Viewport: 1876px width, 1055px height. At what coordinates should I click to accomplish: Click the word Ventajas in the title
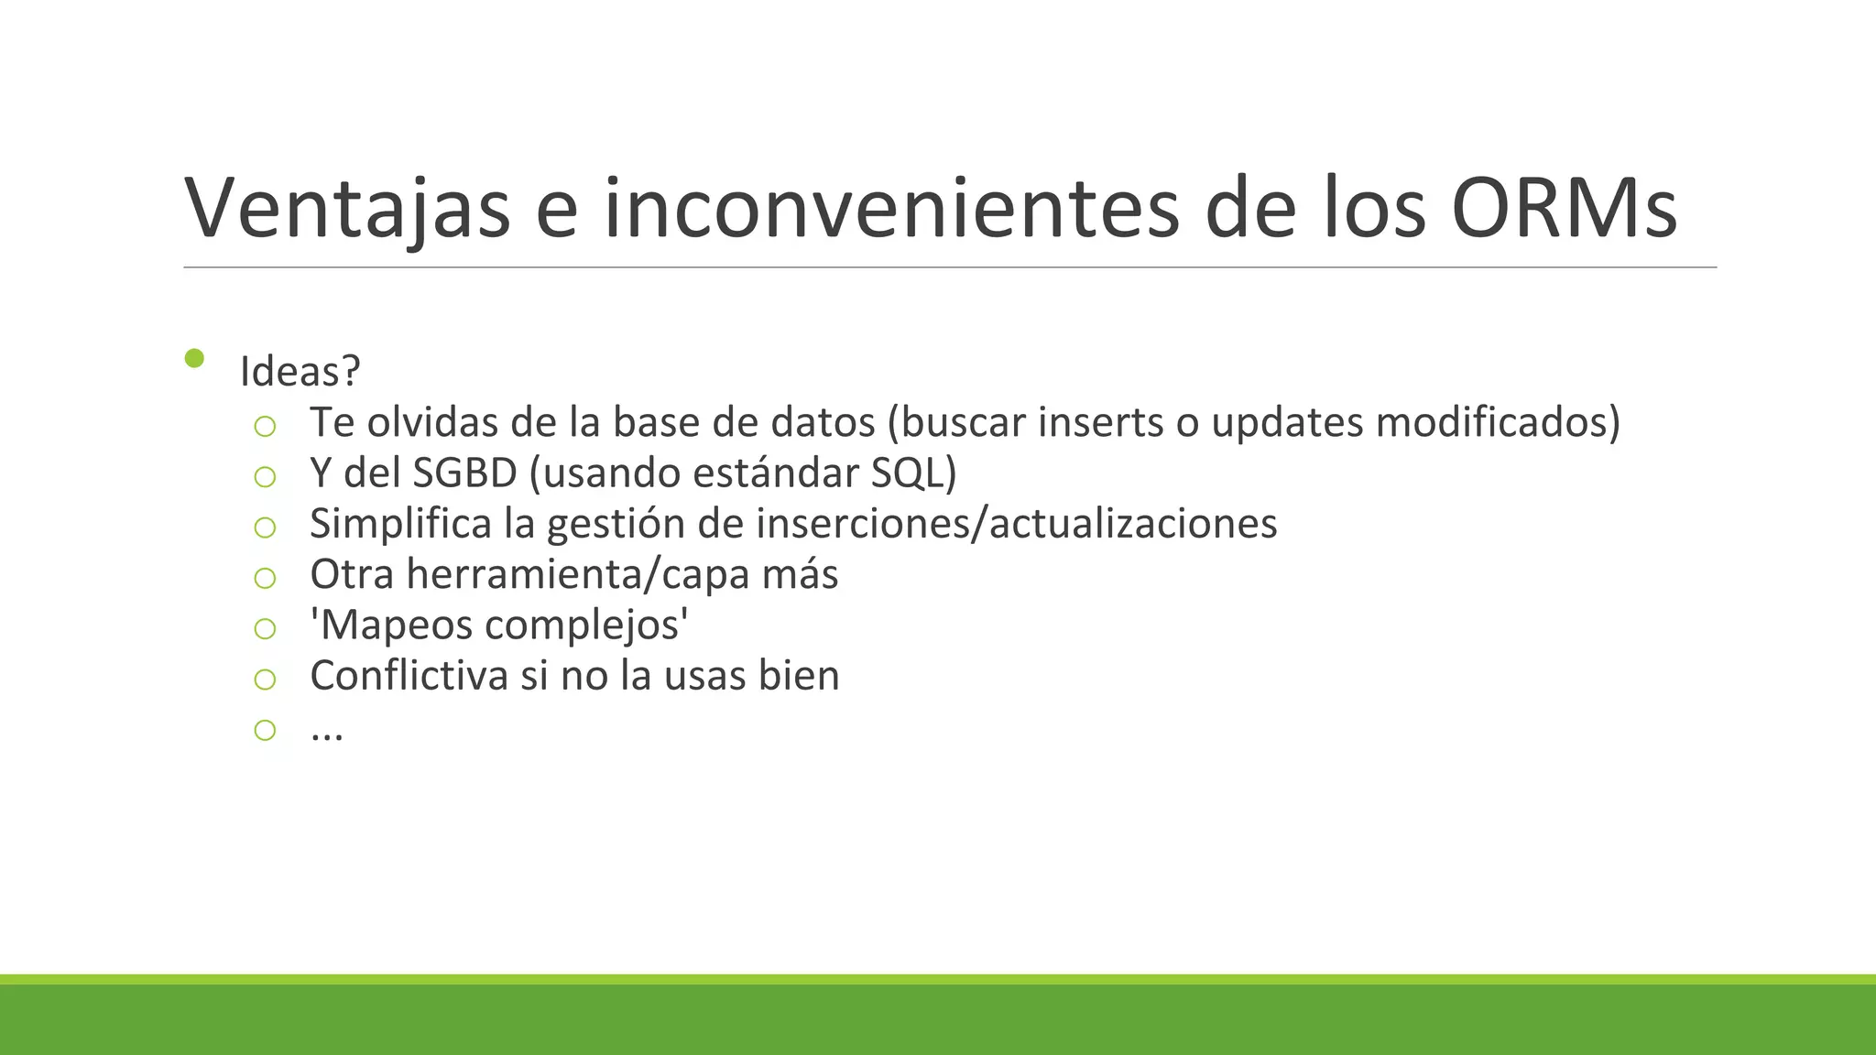(347, 209)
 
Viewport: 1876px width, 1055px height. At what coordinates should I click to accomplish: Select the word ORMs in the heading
(1565, 209)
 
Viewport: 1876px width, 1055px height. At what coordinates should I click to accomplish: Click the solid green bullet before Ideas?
(194, 358)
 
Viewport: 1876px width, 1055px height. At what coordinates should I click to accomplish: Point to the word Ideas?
(300, 371)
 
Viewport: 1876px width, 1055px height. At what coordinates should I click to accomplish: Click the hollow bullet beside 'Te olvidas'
(265, 426)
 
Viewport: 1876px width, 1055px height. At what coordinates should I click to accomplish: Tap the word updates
(1287, 422)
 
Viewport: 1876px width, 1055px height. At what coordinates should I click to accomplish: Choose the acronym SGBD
(465, 473)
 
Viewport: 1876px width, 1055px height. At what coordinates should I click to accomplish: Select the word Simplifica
(401, 524)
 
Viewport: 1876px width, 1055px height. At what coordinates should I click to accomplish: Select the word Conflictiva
(409, 676)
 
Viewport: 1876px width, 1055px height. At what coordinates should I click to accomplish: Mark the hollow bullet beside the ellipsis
(265, 730)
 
